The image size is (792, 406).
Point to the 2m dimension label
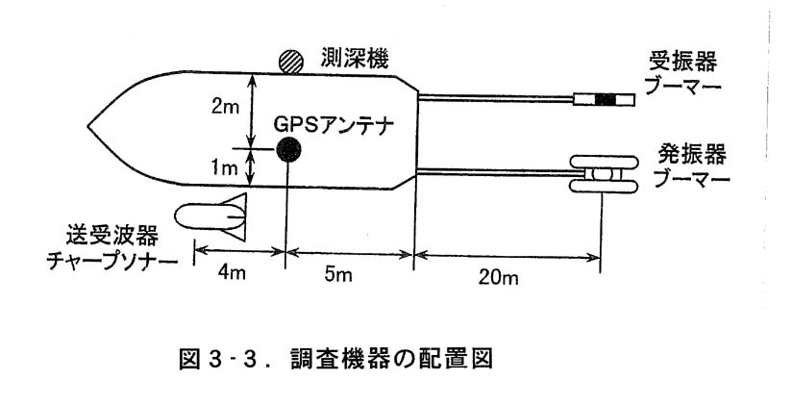(224, 108)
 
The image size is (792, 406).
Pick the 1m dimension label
(223, 166)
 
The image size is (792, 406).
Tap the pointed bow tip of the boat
(90, 126)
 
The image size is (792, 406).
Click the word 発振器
(691, 153)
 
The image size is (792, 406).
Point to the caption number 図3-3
(224, 359)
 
